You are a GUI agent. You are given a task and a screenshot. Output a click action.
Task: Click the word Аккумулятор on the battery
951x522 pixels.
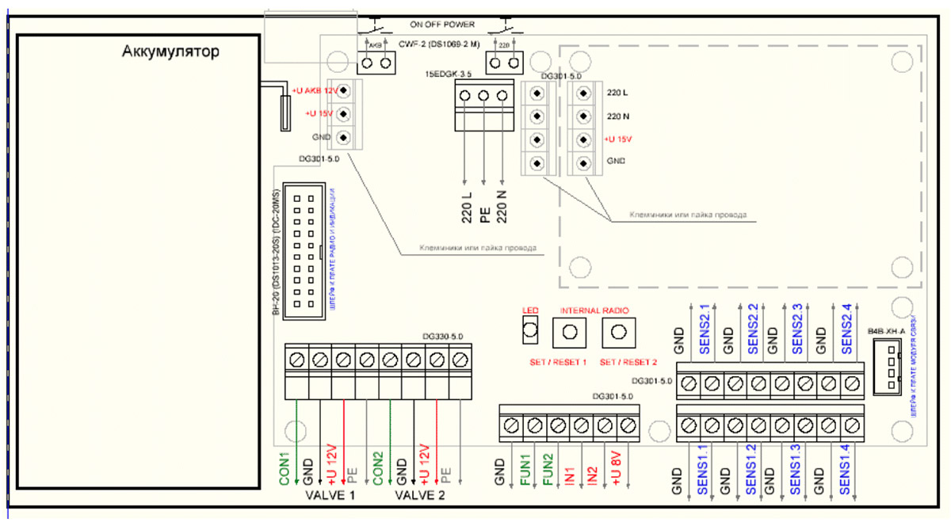tap(170, 52)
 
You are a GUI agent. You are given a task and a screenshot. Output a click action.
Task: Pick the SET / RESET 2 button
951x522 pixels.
tap(619, 333)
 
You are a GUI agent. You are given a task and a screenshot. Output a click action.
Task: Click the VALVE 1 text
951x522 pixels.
tap(330, 496)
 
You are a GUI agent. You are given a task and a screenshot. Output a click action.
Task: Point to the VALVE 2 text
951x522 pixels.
tap(421, 496)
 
